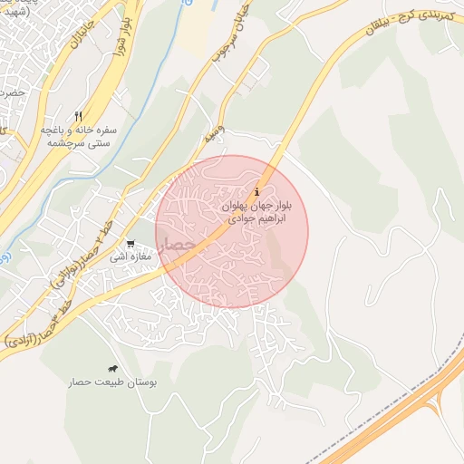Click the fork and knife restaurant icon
[79, 116]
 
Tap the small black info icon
[258, 191]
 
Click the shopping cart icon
[131, 243]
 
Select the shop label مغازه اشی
[130, 257]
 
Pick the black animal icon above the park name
[112, 369]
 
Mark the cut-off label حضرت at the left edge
[11, 93]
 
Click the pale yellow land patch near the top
[196, 27]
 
